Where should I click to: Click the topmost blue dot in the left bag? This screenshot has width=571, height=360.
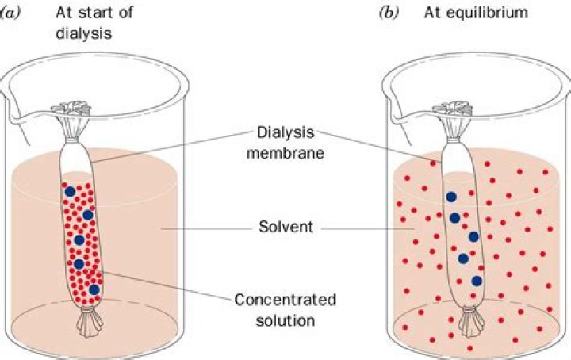tap(70, 191)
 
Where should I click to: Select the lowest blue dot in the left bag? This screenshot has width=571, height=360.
tap(95, 290)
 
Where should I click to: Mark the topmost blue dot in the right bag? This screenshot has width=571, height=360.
tap(450, 197)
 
